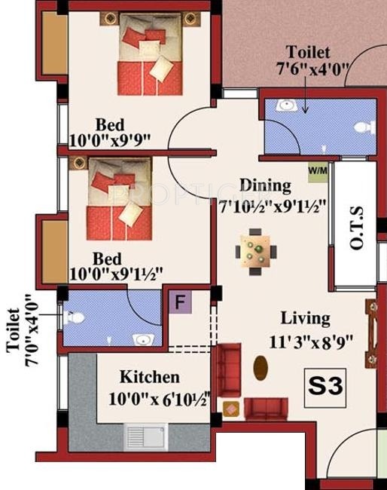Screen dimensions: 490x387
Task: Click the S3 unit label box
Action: [326, 387]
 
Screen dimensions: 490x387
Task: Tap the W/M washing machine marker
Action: [317, 170]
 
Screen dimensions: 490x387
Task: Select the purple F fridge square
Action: [180, 303]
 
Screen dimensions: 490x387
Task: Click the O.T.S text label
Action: [355, 232]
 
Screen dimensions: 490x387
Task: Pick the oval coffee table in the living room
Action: [261, 369]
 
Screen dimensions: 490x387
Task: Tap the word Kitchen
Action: [150, 377]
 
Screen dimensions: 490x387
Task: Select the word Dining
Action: [265, 185]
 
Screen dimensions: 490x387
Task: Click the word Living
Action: [305, 318]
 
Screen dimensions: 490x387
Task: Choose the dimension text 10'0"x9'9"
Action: [111, 140]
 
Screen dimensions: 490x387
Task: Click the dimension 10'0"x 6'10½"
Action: [155, 397]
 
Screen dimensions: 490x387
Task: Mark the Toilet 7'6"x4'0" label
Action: [307, 60]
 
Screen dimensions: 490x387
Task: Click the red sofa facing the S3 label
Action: [265, 409]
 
